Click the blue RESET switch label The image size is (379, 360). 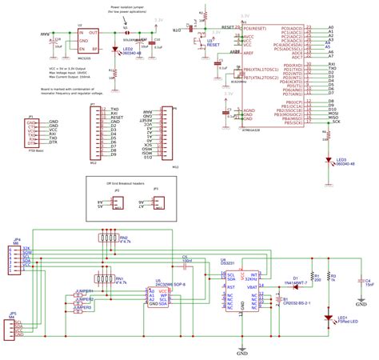[x=213, y=46]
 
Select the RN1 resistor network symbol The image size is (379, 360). [x=103, y=279]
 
